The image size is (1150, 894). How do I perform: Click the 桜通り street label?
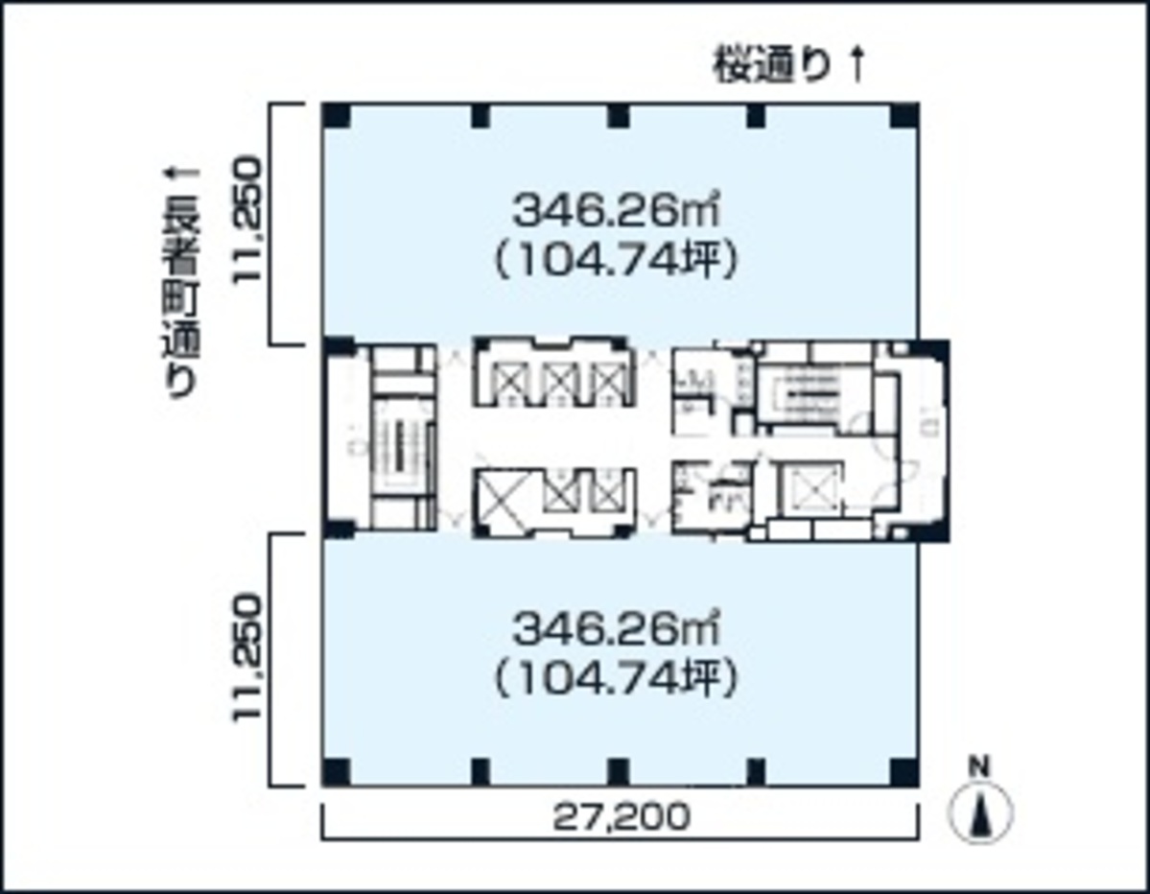point(769,67)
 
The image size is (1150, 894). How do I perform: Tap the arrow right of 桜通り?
point(857,65)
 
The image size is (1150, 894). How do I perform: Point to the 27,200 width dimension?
point(622,817)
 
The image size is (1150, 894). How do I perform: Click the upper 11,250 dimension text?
point(247,221)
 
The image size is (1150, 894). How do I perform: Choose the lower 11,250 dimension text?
point(247,659)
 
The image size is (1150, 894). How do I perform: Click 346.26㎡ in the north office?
point(617,208)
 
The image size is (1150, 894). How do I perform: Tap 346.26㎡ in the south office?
point(617,630)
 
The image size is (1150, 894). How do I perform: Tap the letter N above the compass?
point(979,766)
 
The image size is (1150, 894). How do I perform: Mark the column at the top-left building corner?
point(336,116)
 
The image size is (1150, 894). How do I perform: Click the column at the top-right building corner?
point(903,116)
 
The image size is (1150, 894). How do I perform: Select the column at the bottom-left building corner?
point(336,770)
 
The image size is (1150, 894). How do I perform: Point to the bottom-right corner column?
point(903,770)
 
